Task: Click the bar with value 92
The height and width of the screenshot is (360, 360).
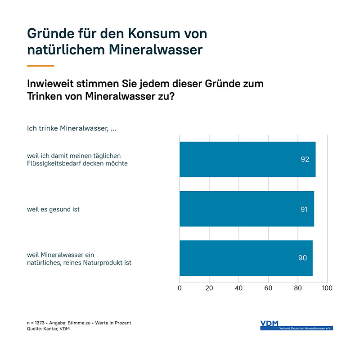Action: click(x=247, y=159)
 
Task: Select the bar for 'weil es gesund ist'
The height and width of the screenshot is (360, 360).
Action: click(x=247, y=209)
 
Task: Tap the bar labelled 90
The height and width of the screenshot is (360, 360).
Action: click(x=246, y=258)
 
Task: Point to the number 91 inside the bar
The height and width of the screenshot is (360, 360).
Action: click(x=304, y=209)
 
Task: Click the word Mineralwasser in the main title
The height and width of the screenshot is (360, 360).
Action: click(x=156, y=49)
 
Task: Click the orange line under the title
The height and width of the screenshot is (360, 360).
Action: click(x=40, y=66)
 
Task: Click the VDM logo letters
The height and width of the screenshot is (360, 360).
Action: click(x=269, y=323)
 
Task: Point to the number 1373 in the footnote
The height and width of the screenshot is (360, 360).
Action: click(x=40, y=323)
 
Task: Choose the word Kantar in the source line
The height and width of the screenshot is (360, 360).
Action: click(x=49, y=329)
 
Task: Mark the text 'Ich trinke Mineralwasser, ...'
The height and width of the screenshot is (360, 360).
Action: click(x=72, y=129)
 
